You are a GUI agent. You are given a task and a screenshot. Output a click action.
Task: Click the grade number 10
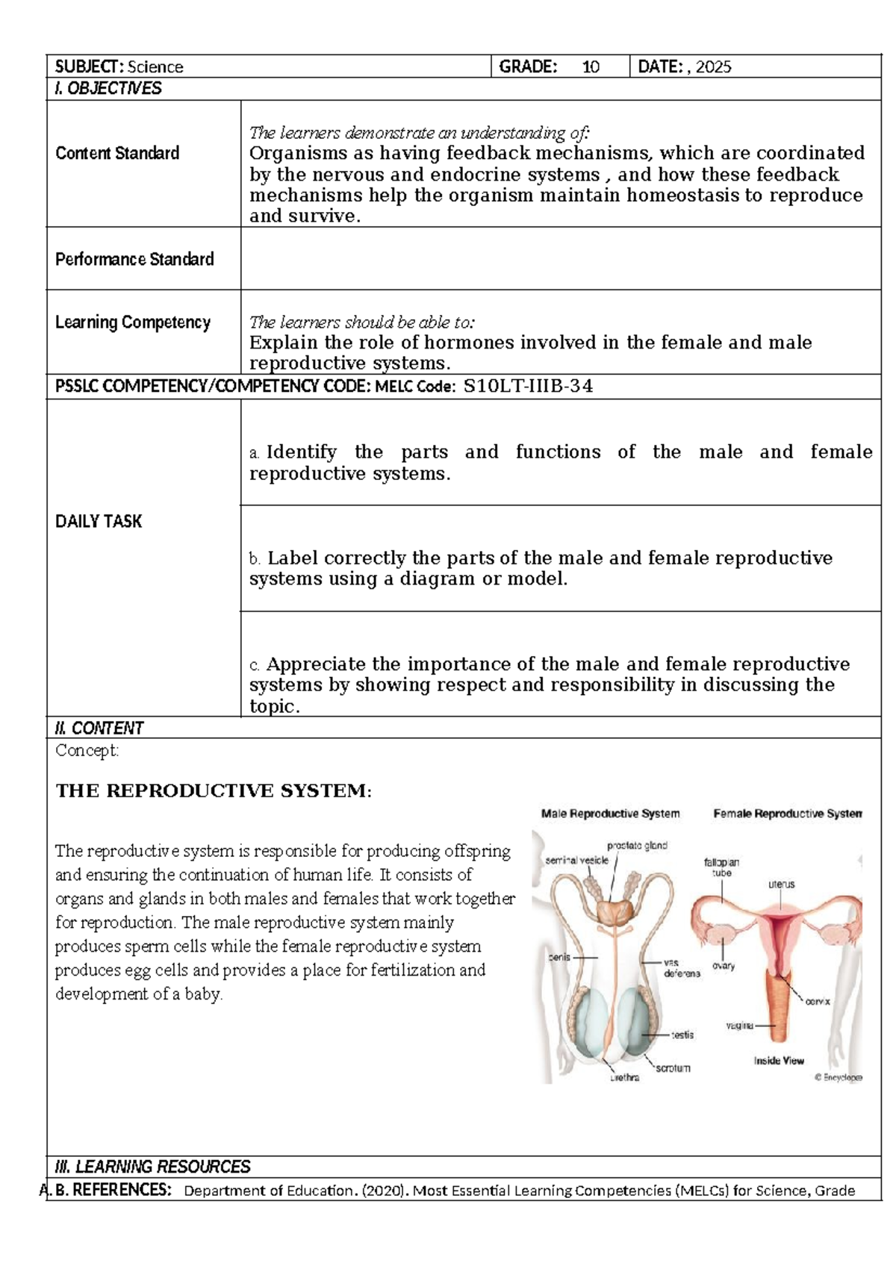coord(591,67)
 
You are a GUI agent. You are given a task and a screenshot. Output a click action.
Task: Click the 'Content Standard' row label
coord(117,153)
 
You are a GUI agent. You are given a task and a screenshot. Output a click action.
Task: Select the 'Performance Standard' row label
coord(134,259)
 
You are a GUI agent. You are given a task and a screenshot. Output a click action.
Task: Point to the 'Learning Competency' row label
coord(133,322)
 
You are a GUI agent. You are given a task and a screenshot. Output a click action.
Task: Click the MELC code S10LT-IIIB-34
coord(528,386)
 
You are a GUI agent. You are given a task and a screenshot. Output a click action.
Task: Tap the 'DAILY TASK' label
coord(99,521)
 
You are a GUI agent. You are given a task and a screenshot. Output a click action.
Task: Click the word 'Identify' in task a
coord(301,452)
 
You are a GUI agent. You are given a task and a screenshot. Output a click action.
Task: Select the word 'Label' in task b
coord(293,558)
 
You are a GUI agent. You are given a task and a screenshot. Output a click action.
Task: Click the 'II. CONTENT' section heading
coord(99,728)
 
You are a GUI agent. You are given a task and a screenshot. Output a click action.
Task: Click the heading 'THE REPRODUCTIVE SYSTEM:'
coord(213,791)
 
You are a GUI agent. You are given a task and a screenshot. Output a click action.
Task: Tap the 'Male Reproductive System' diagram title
coord(610,814)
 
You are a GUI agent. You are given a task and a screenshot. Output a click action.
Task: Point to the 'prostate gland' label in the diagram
coord(637,846)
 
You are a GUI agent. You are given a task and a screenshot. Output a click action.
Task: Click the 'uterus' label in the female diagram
coord(782,885)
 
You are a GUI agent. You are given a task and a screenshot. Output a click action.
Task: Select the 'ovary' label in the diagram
coord(724,966)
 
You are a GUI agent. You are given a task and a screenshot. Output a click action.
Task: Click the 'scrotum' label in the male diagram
coord(673,1068)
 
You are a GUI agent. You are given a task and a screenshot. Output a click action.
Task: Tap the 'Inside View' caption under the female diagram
coord(778,1061)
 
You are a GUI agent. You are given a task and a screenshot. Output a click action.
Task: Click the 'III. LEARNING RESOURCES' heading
coord(153,1167)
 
